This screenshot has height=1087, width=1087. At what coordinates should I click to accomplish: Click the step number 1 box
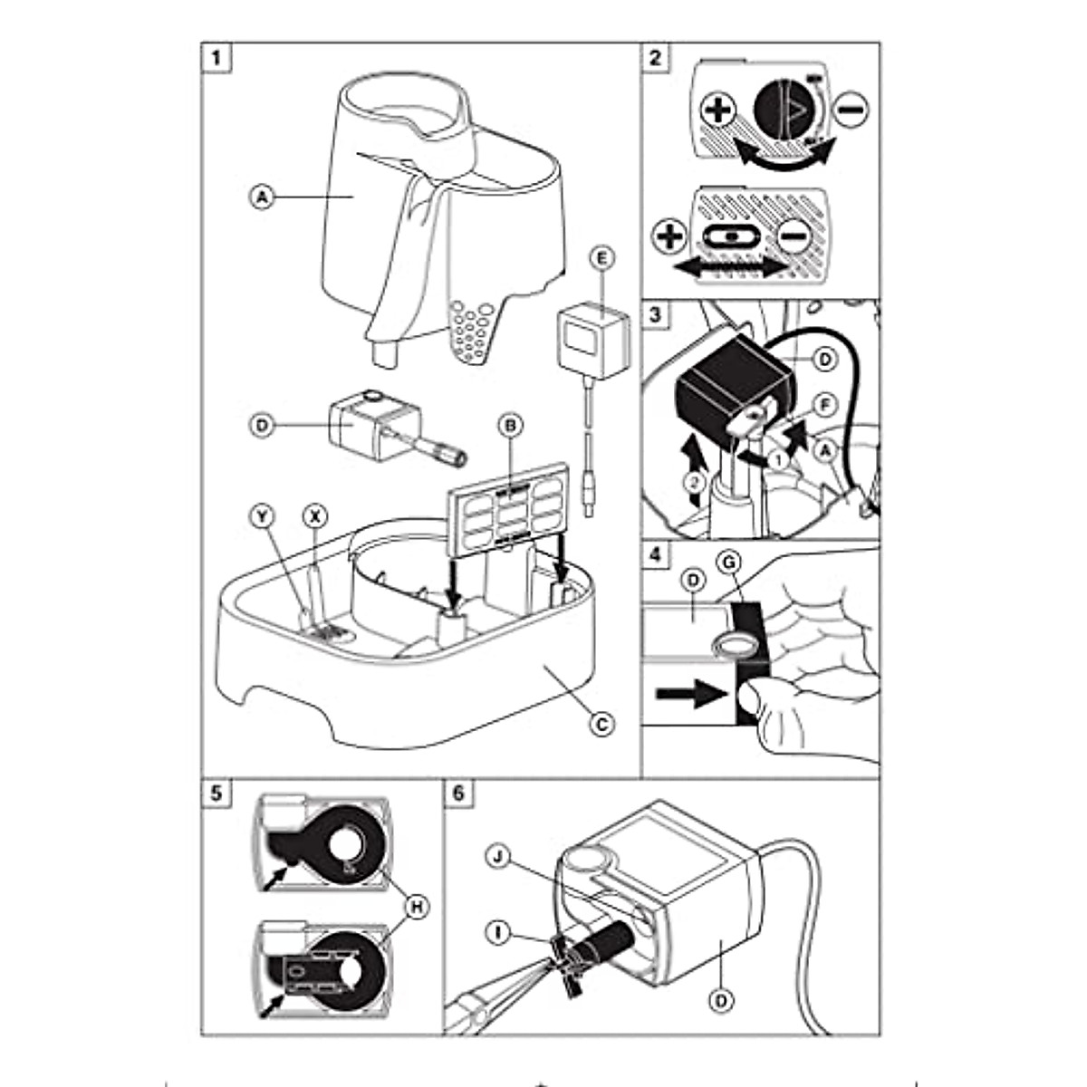[216, 59]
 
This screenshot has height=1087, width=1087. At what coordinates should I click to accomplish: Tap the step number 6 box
[458, 793]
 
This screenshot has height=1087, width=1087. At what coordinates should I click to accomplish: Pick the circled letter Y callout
[262, 516]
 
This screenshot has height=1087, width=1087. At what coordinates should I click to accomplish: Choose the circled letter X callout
[316, 516]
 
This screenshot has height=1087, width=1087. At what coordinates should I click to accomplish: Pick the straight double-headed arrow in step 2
[729, 269]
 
